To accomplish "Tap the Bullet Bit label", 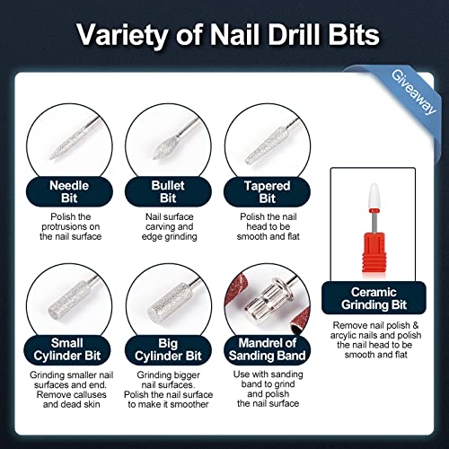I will (163, 194).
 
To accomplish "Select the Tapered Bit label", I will (269, 194).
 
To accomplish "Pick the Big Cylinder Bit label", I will (163, 348).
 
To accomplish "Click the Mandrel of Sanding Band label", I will (269, 348).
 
